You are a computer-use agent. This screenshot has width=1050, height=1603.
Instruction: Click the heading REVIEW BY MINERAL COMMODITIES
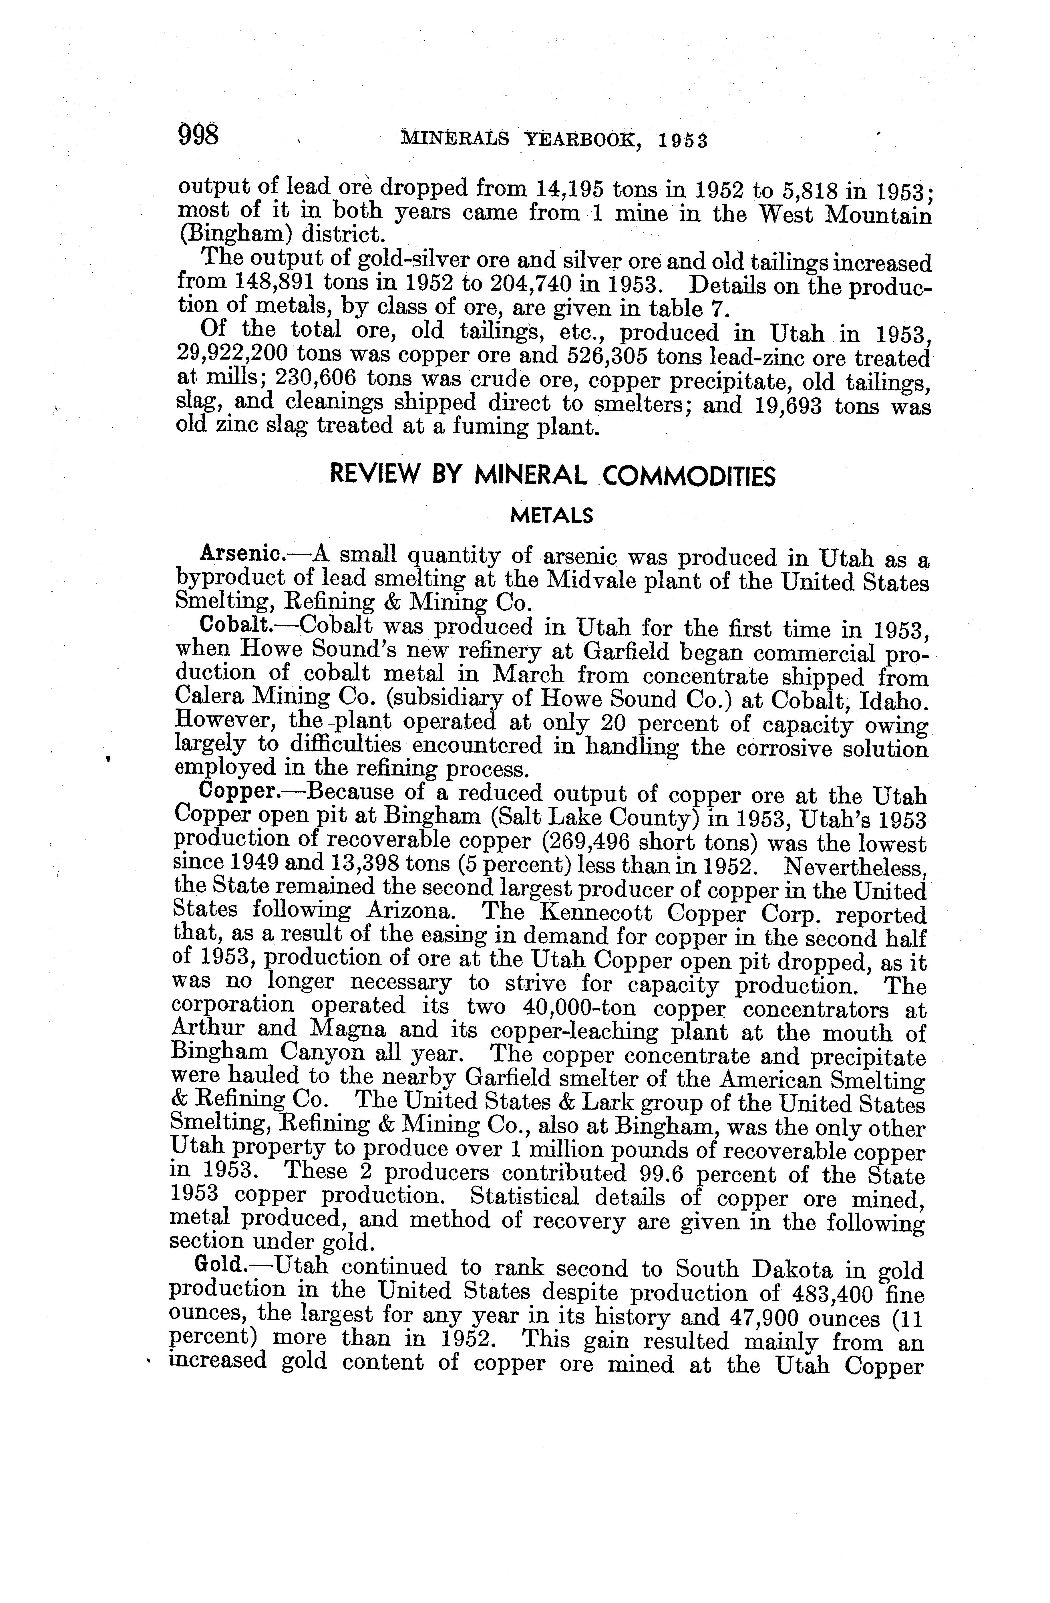pos(552,476)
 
